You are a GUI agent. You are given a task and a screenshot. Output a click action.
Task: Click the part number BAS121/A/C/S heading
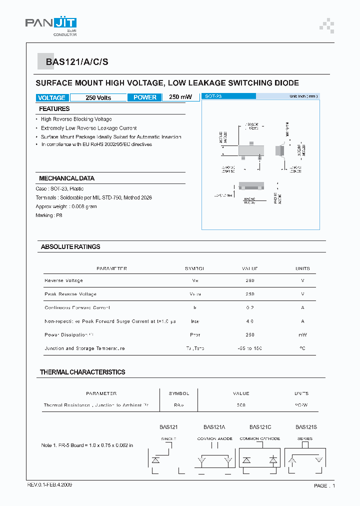(76, 62)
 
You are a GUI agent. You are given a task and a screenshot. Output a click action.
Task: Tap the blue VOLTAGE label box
(51, 97)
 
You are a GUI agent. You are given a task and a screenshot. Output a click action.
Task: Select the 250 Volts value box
(98, 97)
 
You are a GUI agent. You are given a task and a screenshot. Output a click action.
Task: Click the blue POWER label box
(144, 97)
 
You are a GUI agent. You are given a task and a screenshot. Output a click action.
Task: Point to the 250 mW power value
(180, 97)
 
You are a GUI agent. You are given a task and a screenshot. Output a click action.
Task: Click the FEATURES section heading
(54, 109)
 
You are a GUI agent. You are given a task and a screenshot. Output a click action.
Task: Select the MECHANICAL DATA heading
(66, 178)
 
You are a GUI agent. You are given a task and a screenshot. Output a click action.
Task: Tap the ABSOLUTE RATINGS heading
(70, 247)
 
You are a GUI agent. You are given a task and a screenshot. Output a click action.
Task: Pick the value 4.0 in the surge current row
(250, 321)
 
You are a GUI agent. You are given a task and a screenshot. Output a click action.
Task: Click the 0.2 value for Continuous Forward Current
(250, 308)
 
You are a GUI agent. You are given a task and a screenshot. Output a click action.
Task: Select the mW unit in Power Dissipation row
(302, 335)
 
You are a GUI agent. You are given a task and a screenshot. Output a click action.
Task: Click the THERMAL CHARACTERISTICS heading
(82, 372)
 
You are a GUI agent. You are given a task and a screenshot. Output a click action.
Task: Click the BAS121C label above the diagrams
(260, 427)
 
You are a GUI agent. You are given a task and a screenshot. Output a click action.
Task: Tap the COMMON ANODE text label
(214, 439)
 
